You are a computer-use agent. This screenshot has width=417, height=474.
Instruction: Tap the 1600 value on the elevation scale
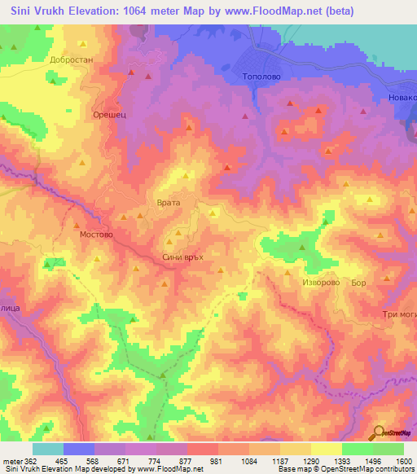pyautogui.click(x=404, y=461)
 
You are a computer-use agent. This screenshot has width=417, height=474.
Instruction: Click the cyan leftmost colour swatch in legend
pyautogui.click(x=48, y=449)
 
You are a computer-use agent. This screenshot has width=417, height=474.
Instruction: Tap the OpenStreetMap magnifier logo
pyautogui.click(x=380, y=433)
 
